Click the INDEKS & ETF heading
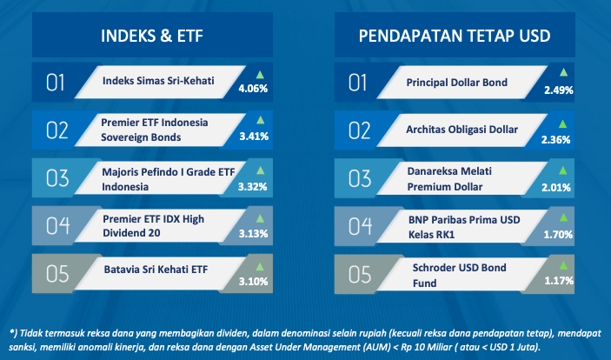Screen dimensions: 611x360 coord(152,36)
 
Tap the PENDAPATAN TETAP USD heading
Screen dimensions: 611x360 coord(455,36)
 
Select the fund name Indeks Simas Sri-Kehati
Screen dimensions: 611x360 coord(158,81)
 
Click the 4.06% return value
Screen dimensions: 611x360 coord(253,89)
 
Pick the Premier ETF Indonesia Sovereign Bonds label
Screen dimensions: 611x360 coord(155,130)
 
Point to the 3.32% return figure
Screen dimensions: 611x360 coord(253,187)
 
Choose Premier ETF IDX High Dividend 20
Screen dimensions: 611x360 coord(154,226)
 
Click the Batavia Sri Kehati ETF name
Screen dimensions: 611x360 coord(156,270)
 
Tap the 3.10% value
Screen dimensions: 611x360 coord(253,281)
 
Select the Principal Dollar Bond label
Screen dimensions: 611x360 coord(456,83)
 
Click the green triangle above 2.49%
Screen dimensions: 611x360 coord(563,72)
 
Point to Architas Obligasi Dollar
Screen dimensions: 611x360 coord(462,130)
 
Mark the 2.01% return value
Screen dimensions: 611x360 coord(556,188)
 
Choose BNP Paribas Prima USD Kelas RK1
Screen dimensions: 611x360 coord(464,227)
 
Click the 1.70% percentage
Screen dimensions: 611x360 coord(558,235)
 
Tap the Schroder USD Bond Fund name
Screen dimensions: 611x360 coord(460,275)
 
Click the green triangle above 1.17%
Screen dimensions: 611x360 coord(563,266)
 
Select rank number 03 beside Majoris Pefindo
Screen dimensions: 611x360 coord(57,178)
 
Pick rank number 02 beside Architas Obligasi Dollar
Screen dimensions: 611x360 coord(359,130)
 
